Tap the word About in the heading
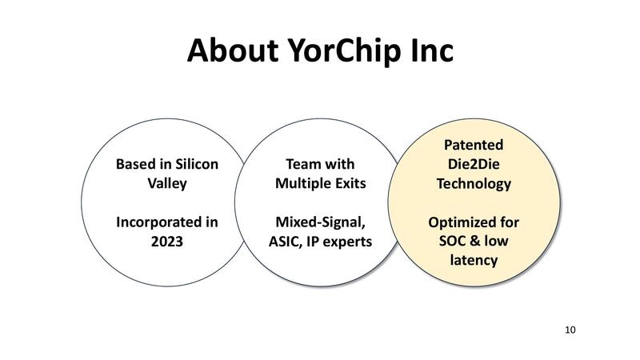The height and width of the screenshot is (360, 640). pyautogui.click(x=233, y=50)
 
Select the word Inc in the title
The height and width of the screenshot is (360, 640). pyautogui.click(x=432, y=50)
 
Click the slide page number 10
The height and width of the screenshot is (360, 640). pyautogui.click(x=570, y=330)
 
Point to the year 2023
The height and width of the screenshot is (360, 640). pyautogui.click(x=167, y=242)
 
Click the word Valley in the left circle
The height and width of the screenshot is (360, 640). pyautogui.click(x=167, y=184)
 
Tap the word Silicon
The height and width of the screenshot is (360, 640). pyautogui.click(x=196, y=164)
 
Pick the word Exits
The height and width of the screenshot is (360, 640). pyautogui.click(x=350, y=183)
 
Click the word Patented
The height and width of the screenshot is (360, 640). pyautogui.click(x=474, y=145)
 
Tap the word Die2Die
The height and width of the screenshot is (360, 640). pyautogui.click(x=474, y=164)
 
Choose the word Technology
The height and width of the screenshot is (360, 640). pyautogui.click(x=474, y=184)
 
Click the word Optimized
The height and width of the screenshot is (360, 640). pyautogui.click(x=458, y=223)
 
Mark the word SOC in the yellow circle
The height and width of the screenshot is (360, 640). pyautogui.click(x=451, y=241)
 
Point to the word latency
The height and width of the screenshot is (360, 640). pyautogui.click(x=474, y=261)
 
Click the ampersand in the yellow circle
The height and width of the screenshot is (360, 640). pyautogui.click(x=474, y=241)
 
